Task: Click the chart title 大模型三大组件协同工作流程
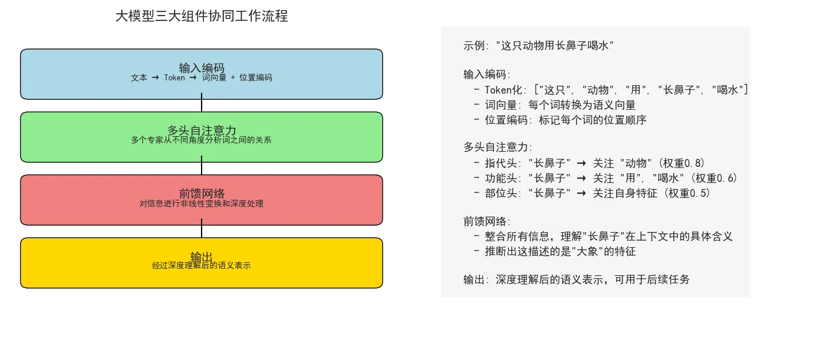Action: (x=202, y=16)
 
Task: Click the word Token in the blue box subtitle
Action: (x=174, y=77)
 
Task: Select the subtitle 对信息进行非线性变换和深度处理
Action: (x=202, y=203)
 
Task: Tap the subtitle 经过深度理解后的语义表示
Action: (x=202, y=265)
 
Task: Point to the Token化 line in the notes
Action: (x=611, y=90)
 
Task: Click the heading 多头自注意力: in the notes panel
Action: (x=497, y=147)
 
